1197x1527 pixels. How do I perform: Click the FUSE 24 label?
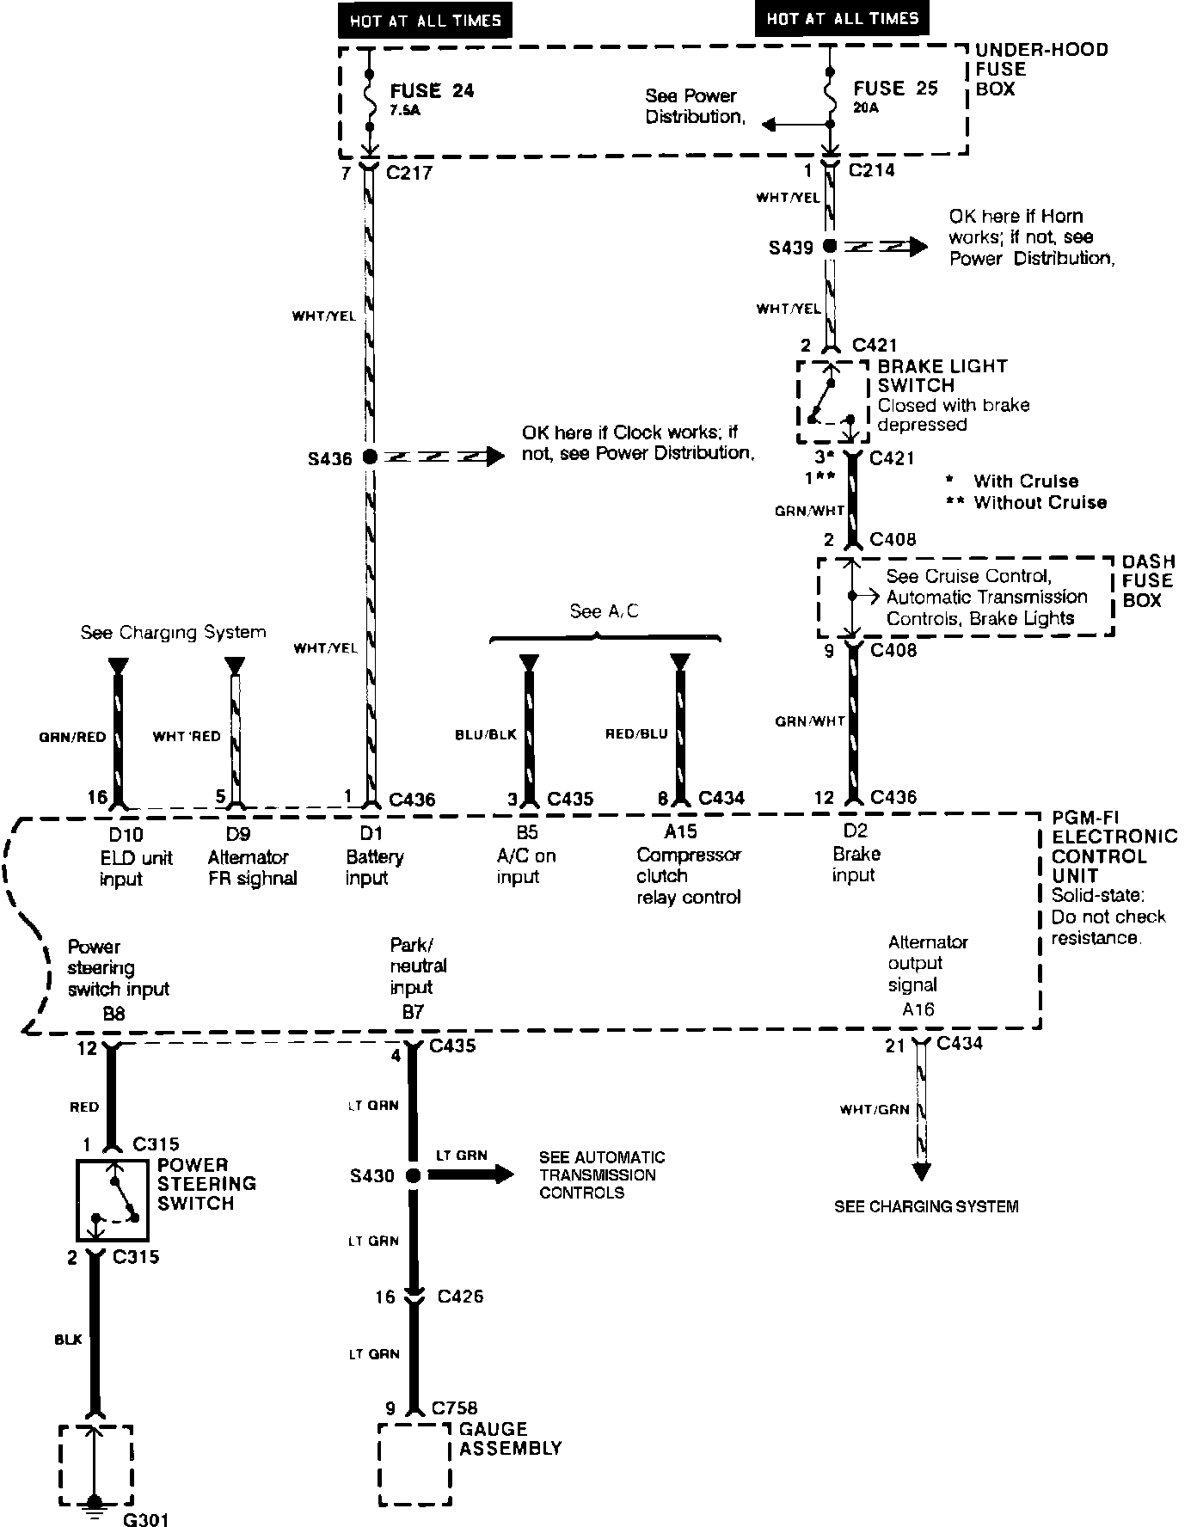pos(432,91)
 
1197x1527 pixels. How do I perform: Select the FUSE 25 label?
pos(895,89)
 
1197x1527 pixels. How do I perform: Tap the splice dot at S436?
pos(370,457)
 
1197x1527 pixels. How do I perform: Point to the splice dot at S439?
pos(829,247)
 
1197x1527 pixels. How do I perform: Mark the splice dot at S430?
pos(413,1175)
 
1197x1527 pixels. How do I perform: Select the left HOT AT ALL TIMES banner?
pos(425,21)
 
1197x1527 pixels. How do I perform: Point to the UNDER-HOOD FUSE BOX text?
pos(1040,70)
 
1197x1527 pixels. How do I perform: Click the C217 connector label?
pos(409,173)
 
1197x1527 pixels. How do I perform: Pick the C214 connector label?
pos(871,170)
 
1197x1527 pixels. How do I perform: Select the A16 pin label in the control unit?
pos(918,1010)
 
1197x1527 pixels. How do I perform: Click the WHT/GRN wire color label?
pos(874,1110)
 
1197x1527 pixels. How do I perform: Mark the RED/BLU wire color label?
pos(636,733)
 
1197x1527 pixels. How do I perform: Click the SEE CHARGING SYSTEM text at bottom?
pos(925,1207)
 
